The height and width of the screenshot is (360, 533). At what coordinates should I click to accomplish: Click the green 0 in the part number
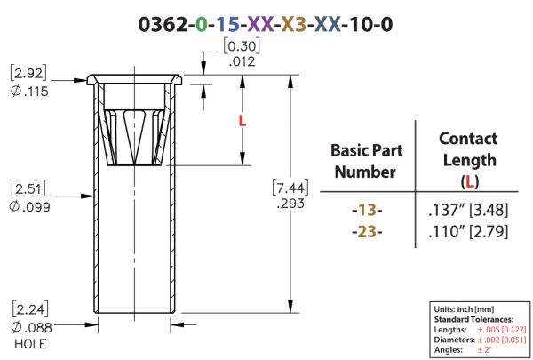click(202, 25)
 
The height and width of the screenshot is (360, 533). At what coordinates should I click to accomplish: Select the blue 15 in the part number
click(227, 25)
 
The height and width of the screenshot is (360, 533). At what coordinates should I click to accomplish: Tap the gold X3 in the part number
click(294, 25)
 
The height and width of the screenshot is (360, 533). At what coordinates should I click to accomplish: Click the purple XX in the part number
click(260, 25)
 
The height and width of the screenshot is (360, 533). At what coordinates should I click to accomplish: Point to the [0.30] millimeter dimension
click(242, 46)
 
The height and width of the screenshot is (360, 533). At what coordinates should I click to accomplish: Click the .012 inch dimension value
click(242, 61)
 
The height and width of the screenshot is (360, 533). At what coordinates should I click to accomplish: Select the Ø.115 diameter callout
click(29, 92)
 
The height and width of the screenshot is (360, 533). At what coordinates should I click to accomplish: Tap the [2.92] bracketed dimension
click(28, 73)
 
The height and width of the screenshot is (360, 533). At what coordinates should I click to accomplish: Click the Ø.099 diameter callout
click(29, 206)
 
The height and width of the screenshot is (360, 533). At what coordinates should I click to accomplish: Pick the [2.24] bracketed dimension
click(30, 309)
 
